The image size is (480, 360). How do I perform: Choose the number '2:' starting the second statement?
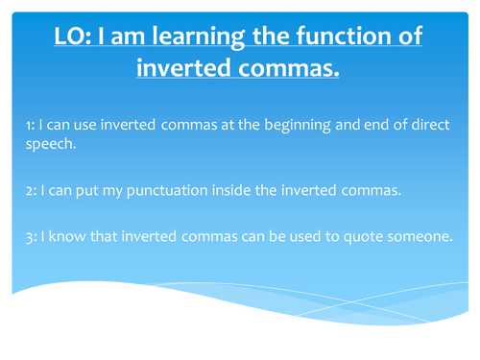(x=32, y=188)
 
